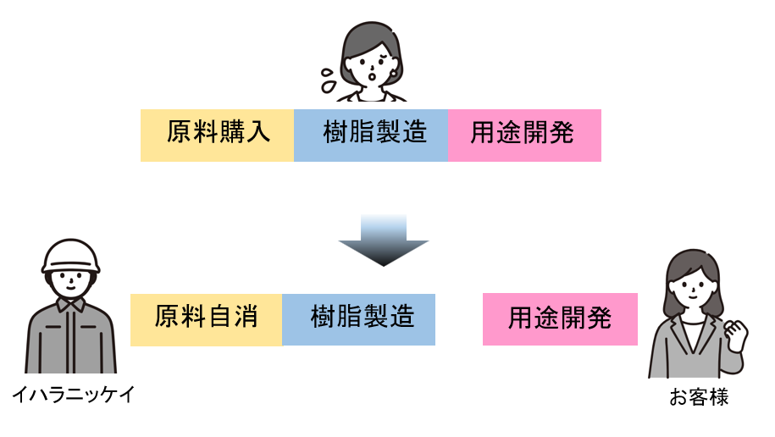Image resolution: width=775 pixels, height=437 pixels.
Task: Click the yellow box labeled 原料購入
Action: coord(217,135)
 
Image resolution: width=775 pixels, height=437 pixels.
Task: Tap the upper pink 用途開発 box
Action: coord(524,135)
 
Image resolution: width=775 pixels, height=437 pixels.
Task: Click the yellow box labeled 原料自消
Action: coord(206,318)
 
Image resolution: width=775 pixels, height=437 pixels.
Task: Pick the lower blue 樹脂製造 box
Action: coord(358,318)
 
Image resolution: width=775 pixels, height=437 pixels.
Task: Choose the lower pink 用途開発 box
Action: coord(560,319)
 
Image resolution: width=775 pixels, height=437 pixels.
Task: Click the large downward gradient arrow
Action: coord(384,241)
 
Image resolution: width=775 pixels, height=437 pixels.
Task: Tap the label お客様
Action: coord(699,397)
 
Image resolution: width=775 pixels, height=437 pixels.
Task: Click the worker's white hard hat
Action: coord(71,255)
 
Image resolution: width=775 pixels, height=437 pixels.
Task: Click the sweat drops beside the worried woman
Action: coord(326,79)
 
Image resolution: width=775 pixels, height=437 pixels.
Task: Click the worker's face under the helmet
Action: coord(71,283)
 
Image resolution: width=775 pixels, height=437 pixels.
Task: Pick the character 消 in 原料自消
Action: coord(245,318)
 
